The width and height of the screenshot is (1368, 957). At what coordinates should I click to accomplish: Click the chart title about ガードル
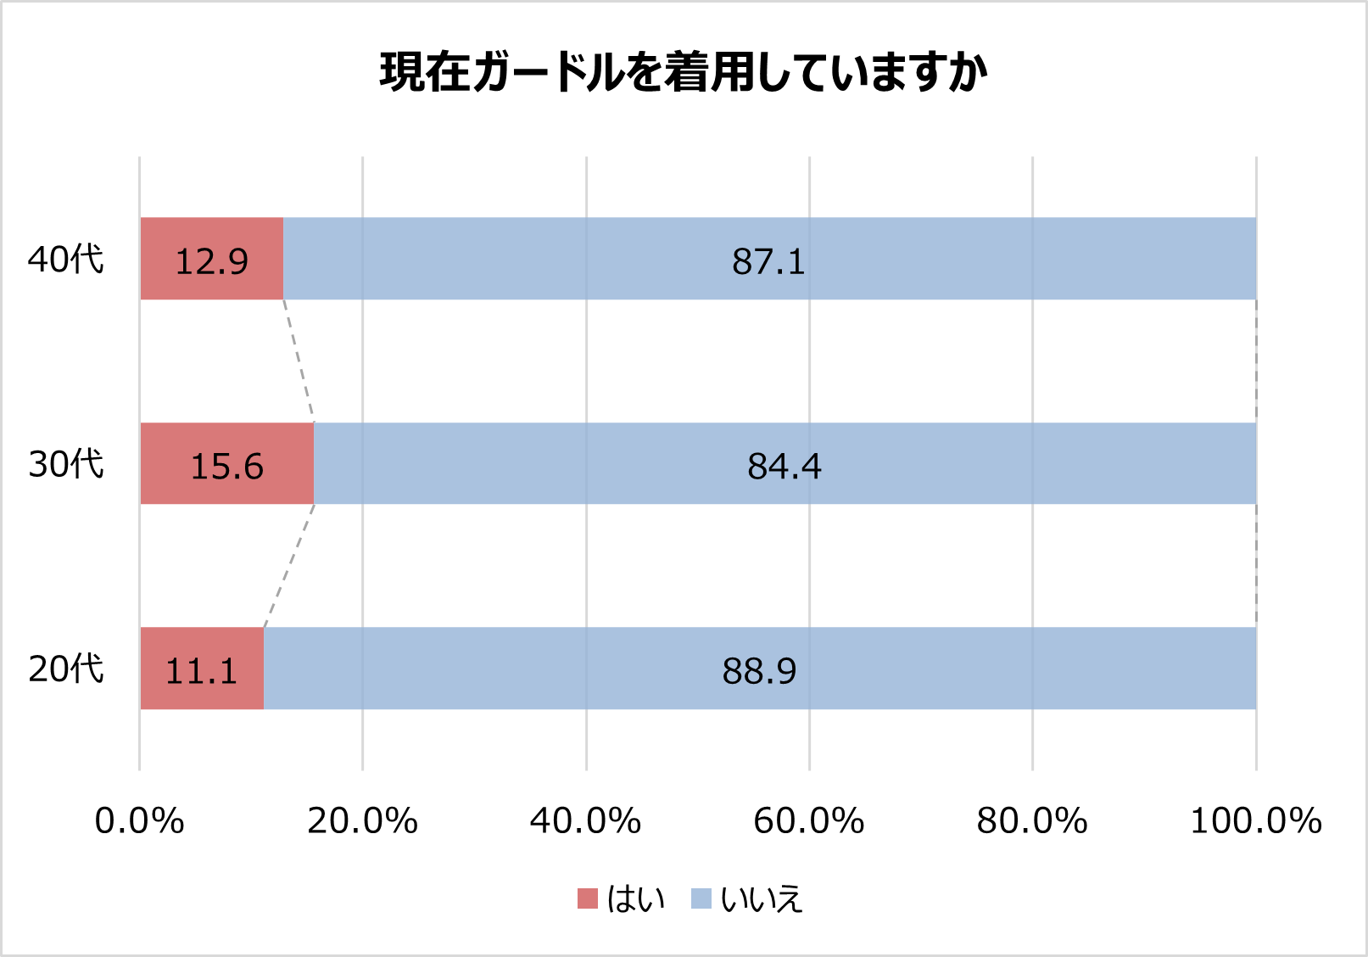pyautogui.click(x=684, y=72)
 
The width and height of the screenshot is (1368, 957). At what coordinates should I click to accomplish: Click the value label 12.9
pyautogui.click(x=211, y=262)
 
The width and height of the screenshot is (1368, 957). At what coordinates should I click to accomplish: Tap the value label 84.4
pyautogui.click(x=785, y=467)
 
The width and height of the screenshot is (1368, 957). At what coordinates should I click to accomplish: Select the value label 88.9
pyautogui.click(x=759, y=672)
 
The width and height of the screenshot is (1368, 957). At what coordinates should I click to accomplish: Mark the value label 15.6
pyautogui.click(x=226, y=467)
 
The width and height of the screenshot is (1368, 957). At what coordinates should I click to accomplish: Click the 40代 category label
pyautogui.click(x=66, y=260)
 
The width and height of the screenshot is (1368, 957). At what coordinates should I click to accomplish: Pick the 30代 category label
pyautogui.click(x=66, y=464)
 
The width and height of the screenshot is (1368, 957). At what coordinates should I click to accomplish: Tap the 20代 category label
pyautogui.click(x=66, y=669)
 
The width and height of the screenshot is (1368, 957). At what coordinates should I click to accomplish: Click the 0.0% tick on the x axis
pyautogui.click(x=139, y=821)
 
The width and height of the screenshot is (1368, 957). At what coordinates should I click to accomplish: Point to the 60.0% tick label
pyautogui.click(x=808, y=821)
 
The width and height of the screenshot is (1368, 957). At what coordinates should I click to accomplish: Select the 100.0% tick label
pyautogui.click(x=1256, y=821)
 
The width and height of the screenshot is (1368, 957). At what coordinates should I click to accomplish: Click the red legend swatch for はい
pyautogui.click(x=588, y=898)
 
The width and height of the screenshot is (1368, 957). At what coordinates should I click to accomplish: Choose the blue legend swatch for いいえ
pyautogui.click(x=701, y=898)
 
